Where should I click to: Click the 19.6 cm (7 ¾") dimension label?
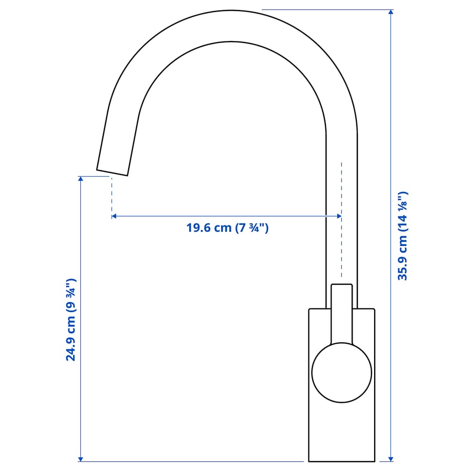tap(227, 228)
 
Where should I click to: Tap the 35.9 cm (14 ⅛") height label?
tap(403, 235)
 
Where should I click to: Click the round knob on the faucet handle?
tap(342, 372)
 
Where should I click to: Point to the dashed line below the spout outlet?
tap(111, 197)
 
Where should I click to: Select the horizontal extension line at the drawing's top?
tap(326, 9)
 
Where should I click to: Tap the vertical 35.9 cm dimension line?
tap(390, 131)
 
